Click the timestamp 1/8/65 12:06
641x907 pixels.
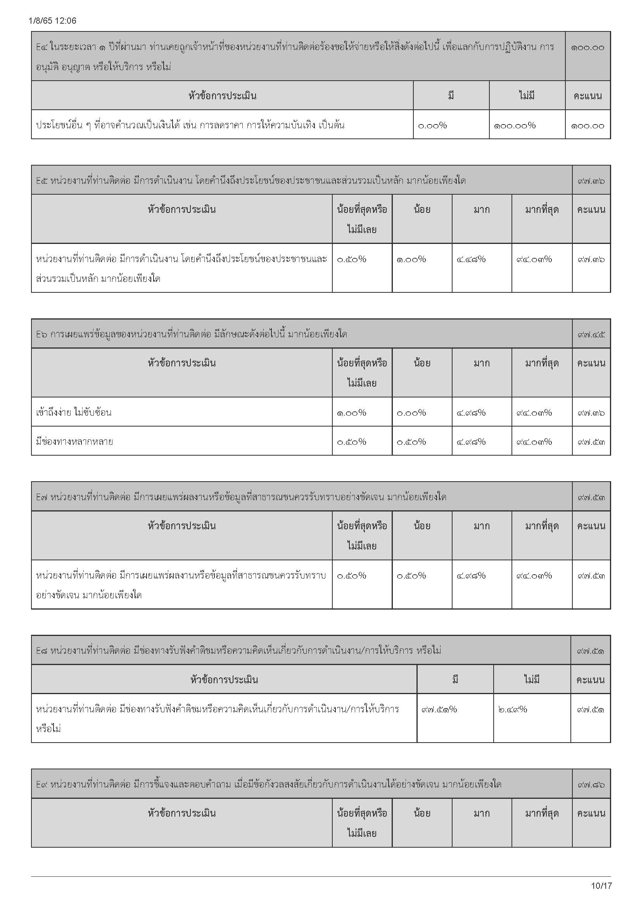point(52,21)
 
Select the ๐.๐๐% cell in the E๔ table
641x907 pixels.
point(432,126)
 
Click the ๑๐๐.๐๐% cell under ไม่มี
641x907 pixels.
point(514,126)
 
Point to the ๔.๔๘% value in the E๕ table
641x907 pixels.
point(471,259)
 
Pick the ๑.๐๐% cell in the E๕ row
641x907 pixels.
point(411,259)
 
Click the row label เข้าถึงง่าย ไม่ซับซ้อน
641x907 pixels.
point(74,413)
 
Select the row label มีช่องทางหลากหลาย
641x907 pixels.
point(74,441)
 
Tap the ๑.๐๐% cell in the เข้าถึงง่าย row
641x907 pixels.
point(351,413)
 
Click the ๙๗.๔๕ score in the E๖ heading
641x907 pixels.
point(591,335)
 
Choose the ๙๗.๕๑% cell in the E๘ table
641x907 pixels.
point(439,710)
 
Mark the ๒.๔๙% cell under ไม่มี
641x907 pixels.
point(513,710)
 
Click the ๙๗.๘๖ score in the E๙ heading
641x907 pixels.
point(591,784)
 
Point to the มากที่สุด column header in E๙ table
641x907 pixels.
point(541,814)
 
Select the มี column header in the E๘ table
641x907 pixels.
point(455,680)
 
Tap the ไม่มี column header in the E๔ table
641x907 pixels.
point(527,96)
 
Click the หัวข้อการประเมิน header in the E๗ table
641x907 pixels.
point(182,526)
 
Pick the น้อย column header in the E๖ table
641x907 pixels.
point(422,363)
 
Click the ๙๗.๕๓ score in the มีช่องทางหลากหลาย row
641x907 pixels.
point(591,442)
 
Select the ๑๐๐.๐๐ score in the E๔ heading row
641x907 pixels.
point(587,48)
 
